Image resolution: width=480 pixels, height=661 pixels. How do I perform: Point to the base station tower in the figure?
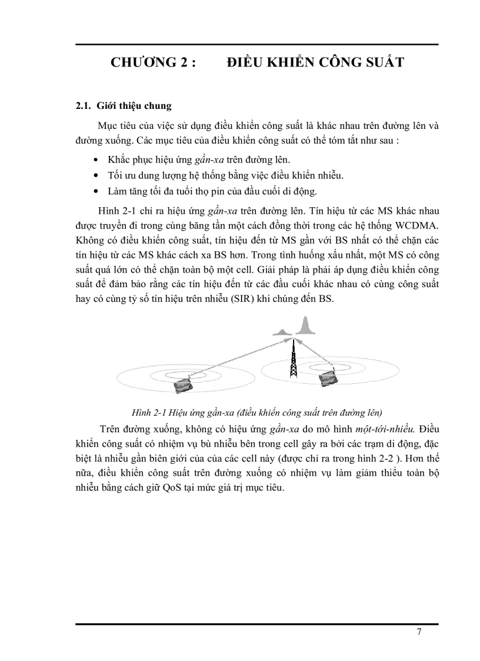coord(292,359)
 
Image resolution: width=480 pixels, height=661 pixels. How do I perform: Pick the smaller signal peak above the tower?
coord(284,331)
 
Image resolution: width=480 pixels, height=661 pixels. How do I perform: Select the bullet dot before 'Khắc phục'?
coord(96,160)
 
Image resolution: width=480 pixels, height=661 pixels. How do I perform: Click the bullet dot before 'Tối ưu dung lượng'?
coord(96,176)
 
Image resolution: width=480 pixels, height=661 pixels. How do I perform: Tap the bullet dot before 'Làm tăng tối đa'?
coord(96,192)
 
